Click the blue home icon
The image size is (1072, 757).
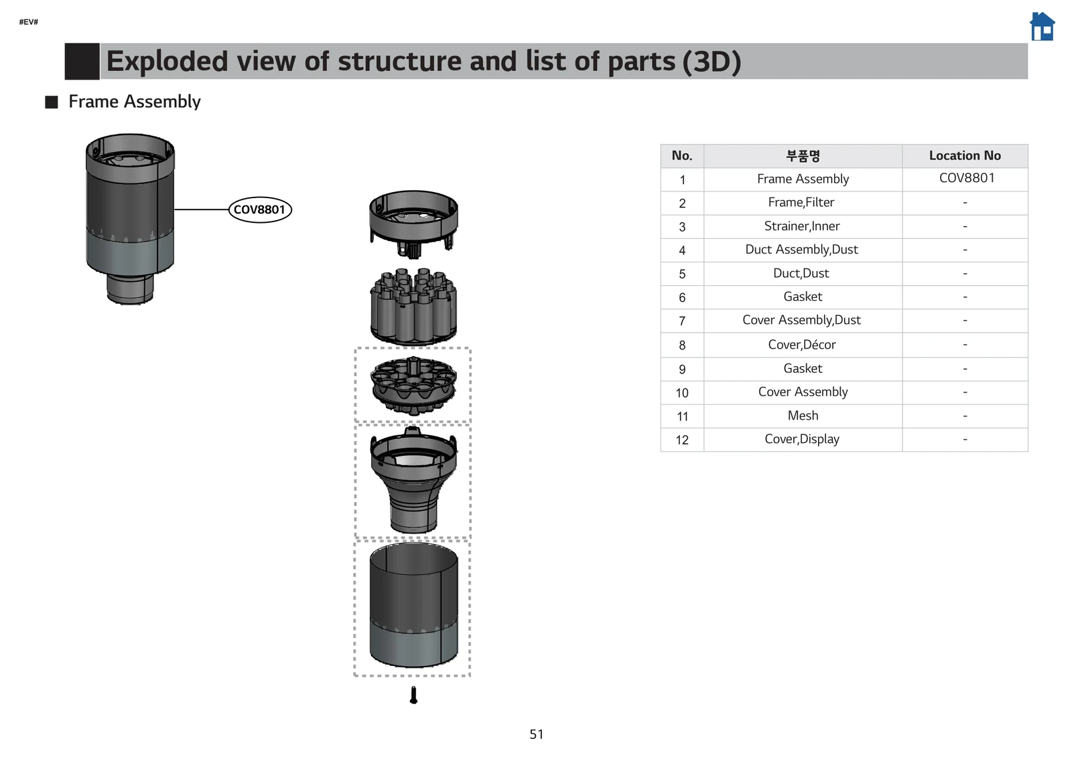[x=1042, y=27]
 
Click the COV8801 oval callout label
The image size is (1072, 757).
[x=260, y=209]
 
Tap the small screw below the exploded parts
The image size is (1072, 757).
[x=413, y=695]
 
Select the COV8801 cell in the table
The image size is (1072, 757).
[x=966, y=178]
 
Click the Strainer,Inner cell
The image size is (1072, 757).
[x=802, y=226]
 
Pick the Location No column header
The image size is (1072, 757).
[x=964, y=155]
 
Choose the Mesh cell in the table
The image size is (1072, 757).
[x=803, y=416]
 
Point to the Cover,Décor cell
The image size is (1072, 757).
[x=802, y=345]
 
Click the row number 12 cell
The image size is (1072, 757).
[x=682, y=440]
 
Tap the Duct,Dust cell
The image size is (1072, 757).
[x=801, y=273]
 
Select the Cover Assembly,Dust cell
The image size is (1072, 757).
[x=801, y=320]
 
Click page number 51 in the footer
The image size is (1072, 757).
[x=536, y=734]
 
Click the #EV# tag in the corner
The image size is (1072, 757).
[x=28, y=22]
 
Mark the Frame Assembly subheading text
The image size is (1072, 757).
[x=134, y=102]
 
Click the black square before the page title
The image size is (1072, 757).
[x=82, y=61]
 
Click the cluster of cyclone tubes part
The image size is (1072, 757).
[x=413, y=307]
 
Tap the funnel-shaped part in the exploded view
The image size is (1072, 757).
[x=413, y=481]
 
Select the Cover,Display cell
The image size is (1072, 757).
[x=802, y=439]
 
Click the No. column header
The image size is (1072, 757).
[x=682, y=155]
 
